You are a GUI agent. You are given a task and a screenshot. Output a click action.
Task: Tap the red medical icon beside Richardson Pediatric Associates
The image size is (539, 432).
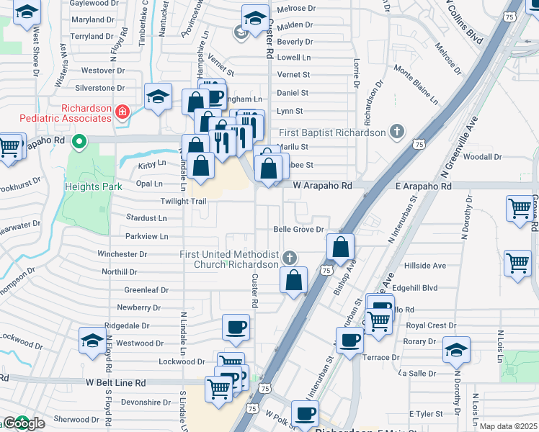click(x=122, y=112)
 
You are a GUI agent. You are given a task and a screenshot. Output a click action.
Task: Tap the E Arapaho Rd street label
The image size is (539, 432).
click(x=423, y=186)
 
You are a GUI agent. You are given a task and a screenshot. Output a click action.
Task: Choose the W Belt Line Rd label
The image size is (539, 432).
click(x=115, y=383)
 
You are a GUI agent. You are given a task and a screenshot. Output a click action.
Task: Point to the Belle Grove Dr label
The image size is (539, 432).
click(x=300, y=230)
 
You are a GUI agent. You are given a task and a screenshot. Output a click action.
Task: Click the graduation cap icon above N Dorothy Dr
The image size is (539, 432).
click(x=456, y=349)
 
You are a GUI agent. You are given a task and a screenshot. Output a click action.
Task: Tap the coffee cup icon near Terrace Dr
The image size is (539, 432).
click(x=350, y=339)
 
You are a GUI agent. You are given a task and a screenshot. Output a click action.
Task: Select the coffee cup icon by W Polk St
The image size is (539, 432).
click(x=306, y=414)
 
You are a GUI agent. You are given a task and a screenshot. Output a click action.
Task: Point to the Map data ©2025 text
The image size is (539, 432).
click(x=508, y=426)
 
